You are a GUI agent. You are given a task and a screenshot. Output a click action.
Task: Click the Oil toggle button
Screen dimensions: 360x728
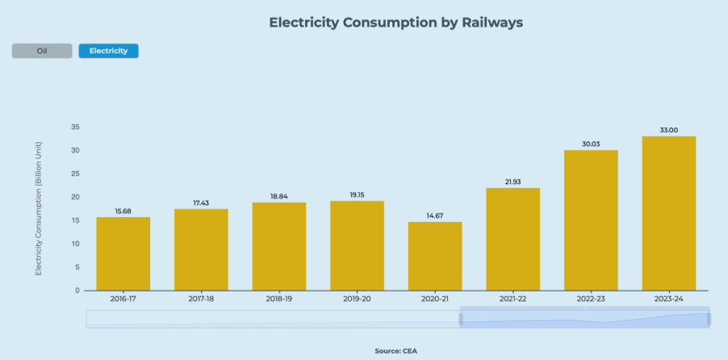pos(42,51)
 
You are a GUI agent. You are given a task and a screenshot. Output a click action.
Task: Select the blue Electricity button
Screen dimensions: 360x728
pos(108,51)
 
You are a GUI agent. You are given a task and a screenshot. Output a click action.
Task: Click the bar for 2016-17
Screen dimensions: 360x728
pos(123,253)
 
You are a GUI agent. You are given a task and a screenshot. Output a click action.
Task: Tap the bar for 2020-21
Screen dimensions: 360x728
pos(435,256)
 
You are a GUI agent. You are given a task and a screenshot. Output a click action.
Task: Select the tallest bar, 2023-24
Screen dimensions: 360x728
pos(669,213)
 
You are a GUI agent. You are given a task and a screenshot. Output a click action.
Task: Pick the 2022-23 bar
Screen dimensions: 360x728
pos(591,220)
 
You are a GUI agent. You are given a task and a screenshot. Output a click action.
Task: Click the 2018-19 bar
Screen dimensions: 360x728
pos(279,246)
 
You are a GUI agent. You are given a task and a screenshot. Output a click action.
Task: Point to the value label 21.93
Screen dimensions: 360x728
pos(513,182)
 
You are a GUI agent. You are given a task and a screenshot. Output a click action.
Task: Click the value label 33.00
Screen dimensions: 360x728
pos(669,130)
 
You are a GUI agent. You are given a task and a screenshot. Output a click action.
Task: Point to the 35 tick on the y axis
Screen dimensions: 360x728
pos(75,128)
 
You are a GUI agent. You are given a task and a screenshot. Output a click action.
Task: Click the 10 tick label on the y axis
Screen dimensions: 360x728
pos(75,244)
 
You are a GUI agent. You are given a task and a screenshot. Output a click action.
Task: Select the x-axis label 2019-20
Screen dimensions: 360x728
pos(357,299)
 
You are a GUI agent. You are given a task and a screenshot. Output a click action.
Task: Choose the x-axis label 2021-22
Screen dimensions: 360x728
pos(513,299)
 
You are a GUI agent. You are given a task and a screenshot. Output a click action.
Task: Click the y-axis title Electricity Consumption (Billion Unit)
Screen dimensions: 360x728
pos(38,208)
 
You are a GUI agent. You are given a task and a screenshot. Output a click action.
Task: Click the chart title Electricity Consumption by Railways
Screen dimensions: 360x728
pos(395,23)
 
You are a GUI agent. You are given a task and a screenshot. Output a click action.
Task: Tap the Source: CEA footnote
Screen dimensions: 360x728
pos(395,351)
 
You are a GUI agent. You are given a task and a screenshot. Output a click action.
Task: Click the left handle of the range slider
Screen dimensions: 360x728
pos(461,319)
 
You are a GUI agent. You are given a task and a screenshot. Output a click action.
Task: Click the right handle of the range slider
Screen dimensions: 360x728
pos(709,319)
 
